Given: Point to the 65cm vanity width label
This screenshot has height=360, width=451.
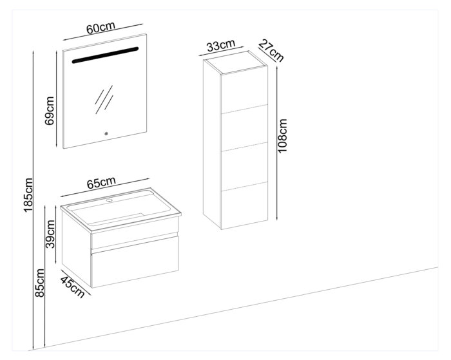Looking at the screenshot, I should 102,183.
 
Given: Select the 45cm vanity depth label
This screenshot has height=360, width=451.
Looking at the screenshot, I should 72,287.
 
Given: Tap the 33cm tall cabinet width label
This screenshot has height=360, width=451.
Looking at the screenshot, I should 220,46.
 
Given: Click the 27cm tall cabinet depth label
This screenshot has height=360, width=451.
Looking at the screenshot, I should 271,50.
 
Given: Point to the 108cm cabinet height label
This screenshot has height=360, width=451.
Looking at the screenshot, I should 282,133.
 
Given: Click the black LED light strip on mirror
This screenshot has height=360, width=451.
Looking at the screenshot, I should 104,55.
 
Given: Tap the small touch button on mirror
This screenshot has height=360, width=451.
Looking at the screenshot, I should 106,134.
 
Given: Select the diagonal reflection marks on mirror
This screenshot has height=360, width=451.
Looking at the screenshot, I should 103,99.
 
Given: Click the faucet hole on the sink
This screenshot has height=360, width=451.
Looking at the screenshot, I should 109,200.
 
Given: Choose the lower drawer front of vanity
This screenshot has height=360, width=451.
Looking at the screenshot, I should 134,261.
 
